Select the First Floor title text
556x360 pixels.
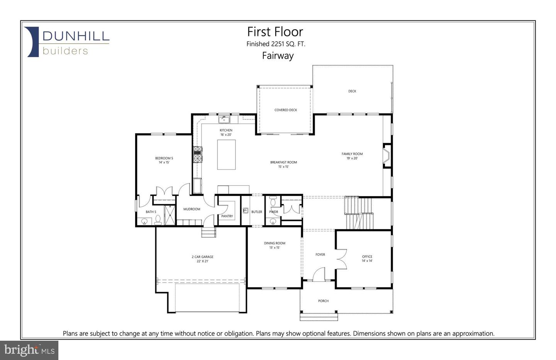click(275, 32)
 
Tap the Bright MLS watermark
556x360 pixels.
click(29, 350)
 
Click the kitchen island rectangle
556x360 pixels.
click(226, 155)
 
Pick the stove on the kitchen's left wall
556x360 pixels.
click(198, 155)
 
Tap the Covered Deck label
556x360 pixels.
click(286, 110)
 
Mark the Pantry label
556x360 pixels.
click(227, 216)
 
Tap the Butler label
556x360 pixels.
click(256, 212)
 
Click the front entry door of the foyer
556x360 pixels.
click(319, 275)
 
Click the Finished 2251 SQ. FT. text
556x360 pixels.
click(276, 44)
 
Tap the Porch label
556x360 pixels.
click(323, 301)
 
